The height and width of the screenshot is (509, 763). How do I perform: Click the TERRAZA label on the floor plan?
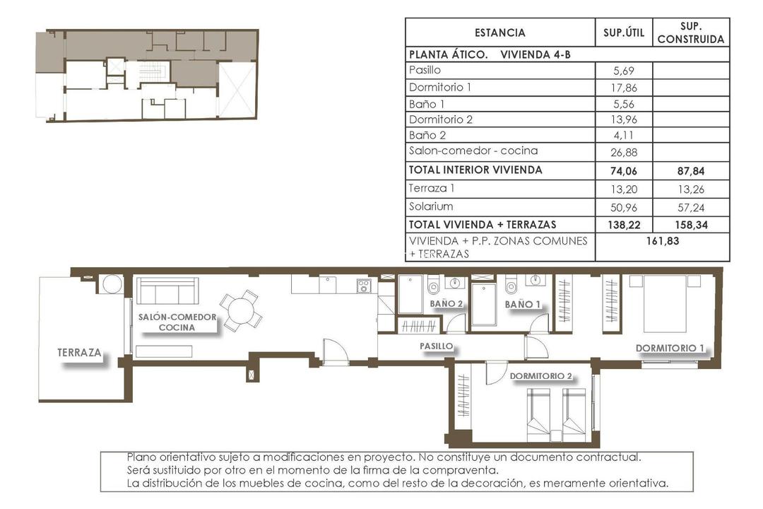coord(80,352)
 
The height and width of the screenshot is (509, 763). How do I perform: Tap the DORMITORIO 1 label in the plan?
coord(670,348)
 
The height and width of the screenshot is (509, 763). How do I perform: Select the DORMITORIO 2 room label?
coord(540,376)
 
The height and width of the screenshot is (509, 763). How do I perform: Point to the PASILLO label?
coord(436,346)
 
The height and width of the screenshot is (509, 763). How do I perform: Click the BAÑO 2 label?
coord(446,304)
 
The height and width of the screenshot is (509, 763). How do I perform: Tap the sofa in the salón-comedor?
coord(167,291)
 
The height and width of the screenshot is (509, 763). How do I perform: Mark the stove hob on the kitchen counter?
coord(364,285)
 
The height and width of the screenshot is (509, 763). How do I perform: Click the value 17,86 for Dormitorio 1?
coord(624,88)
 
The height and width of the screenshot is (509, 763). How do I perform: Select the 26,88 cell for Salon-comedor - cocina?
coord(624,151)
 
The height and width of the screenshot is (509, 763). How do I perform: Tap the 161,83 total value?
coord(663,241)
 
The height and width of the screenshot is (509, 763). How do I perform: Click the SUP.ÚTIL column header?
coord(624,33)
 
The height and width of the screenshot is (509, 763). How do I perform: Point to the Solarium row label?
coord(431,206)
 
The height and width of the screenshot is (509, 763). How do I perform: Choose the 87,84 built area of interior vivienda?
coord(691,170)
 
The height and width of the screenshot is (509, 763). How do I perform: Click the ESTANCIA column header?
coord(499,33)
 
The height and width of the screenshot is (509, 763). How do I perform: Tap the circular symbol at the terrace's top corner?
coord(112,283)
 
